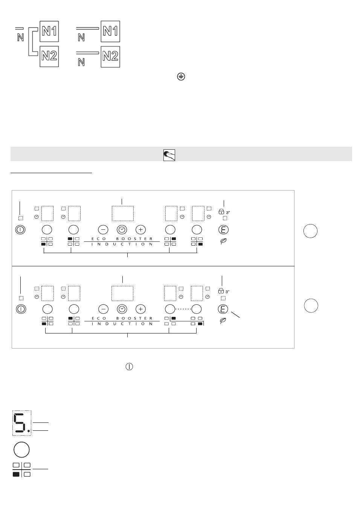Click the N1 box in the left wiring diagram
pos(49,31)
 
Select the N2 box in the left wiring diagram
pos(49,57)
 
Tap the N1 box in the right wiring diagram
pos(110,31)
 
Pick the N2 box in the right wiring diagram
pos(110,57)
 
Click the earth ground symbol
pos(181,77)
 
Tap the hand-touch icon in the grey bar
pos(169,155)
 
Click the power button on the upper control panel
pos(20,229)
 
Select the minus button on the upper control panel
pos(103,229)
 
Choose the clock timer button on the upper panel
pos(122,229)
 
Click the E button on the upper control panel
pos(224,229)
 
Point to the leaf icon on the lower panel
pos(223,321)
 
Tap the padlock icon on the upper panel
pos(221,212)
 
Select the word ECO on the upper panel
pos(99,239)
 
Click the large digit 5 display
pos(22,423)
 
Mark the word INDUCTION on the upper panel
pos(122,244)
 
